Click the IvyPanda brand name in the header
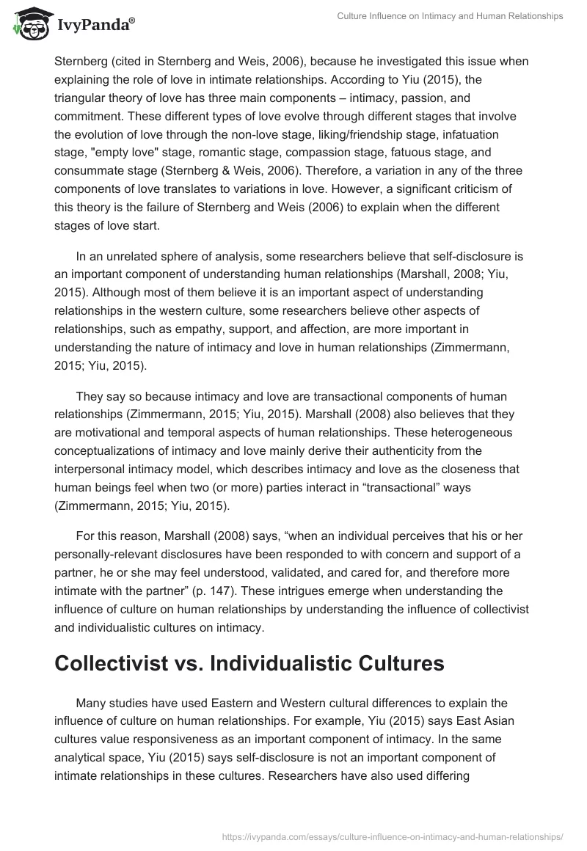pyautogui.click(x=95, y=26)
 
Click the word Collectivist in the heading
pyautogui.click(x=122, y=664)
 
